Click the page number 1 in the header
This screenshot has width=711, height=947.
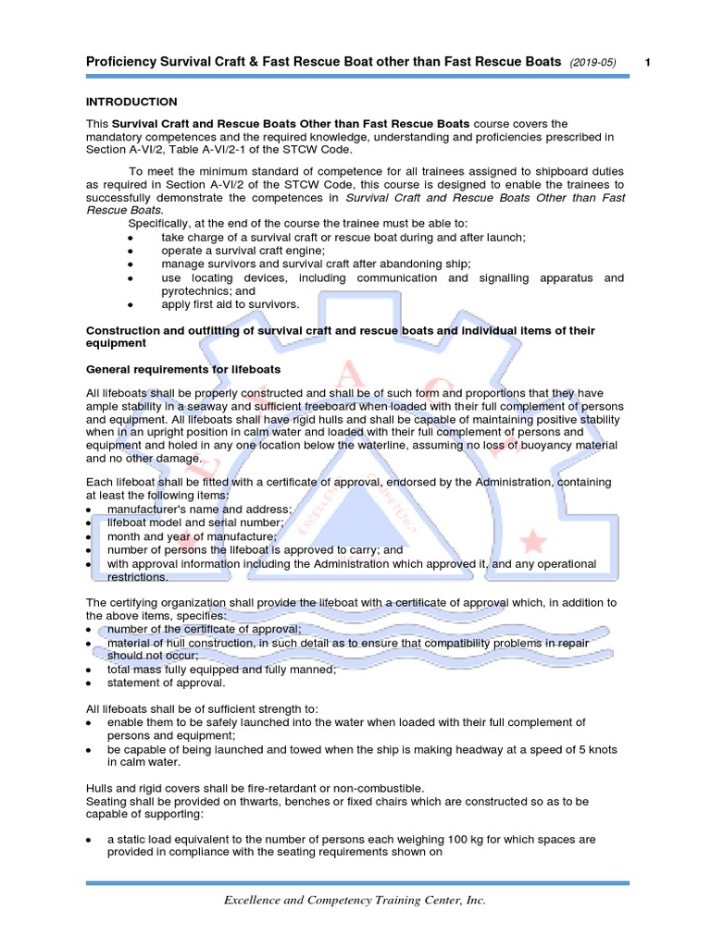pos(647,62)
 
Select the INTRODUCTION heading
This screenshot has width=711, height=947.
pos(131,102)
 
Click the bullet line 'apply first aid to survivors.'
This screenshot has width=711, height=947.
pos(230,303)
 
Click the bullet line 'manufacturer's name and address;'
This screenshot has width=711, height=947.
pos(199,510)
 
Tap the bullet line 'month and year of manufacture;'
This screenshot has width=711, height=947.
pos(192,536)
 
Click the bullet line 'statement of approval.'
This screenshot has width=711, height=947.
pos(166,683)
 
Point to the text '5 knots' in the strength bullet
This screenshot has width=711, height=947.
pos(595,749)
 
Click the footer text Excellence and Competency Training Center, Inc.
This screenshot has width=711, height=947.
pos(356,900)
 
